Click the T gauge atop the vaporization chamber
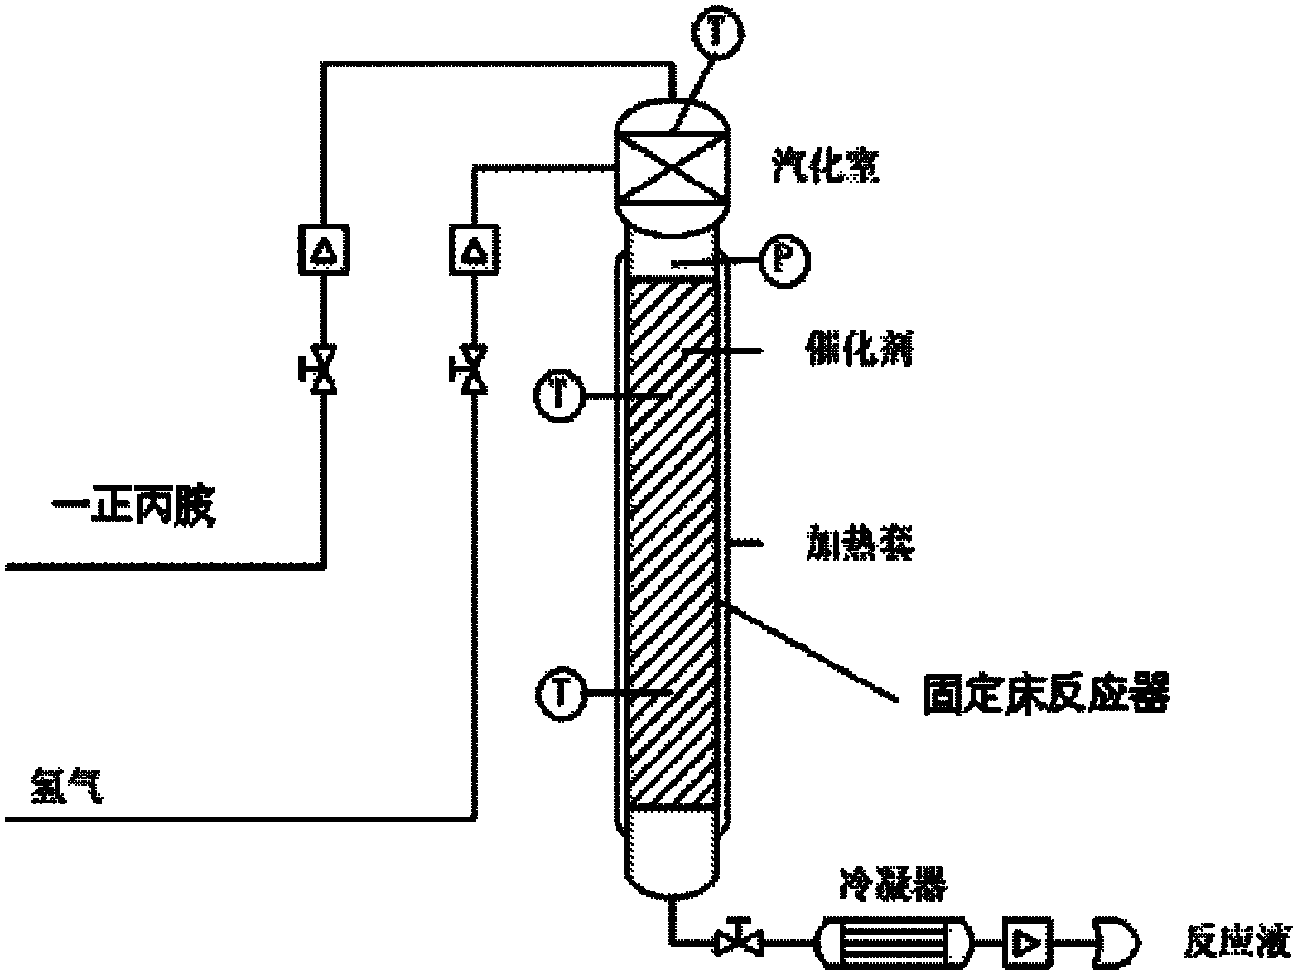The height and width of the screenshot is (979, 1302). [718, 31]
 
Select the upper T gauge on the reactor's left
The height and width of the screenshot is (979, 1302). [560, 394]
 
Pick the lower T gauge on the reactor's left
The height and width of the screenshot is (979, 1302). [562, 692]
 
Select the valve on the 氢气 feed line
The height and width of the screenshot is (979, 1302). [474, 370]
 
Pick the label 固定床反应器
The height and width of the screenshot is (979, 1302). [1045, 694]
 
